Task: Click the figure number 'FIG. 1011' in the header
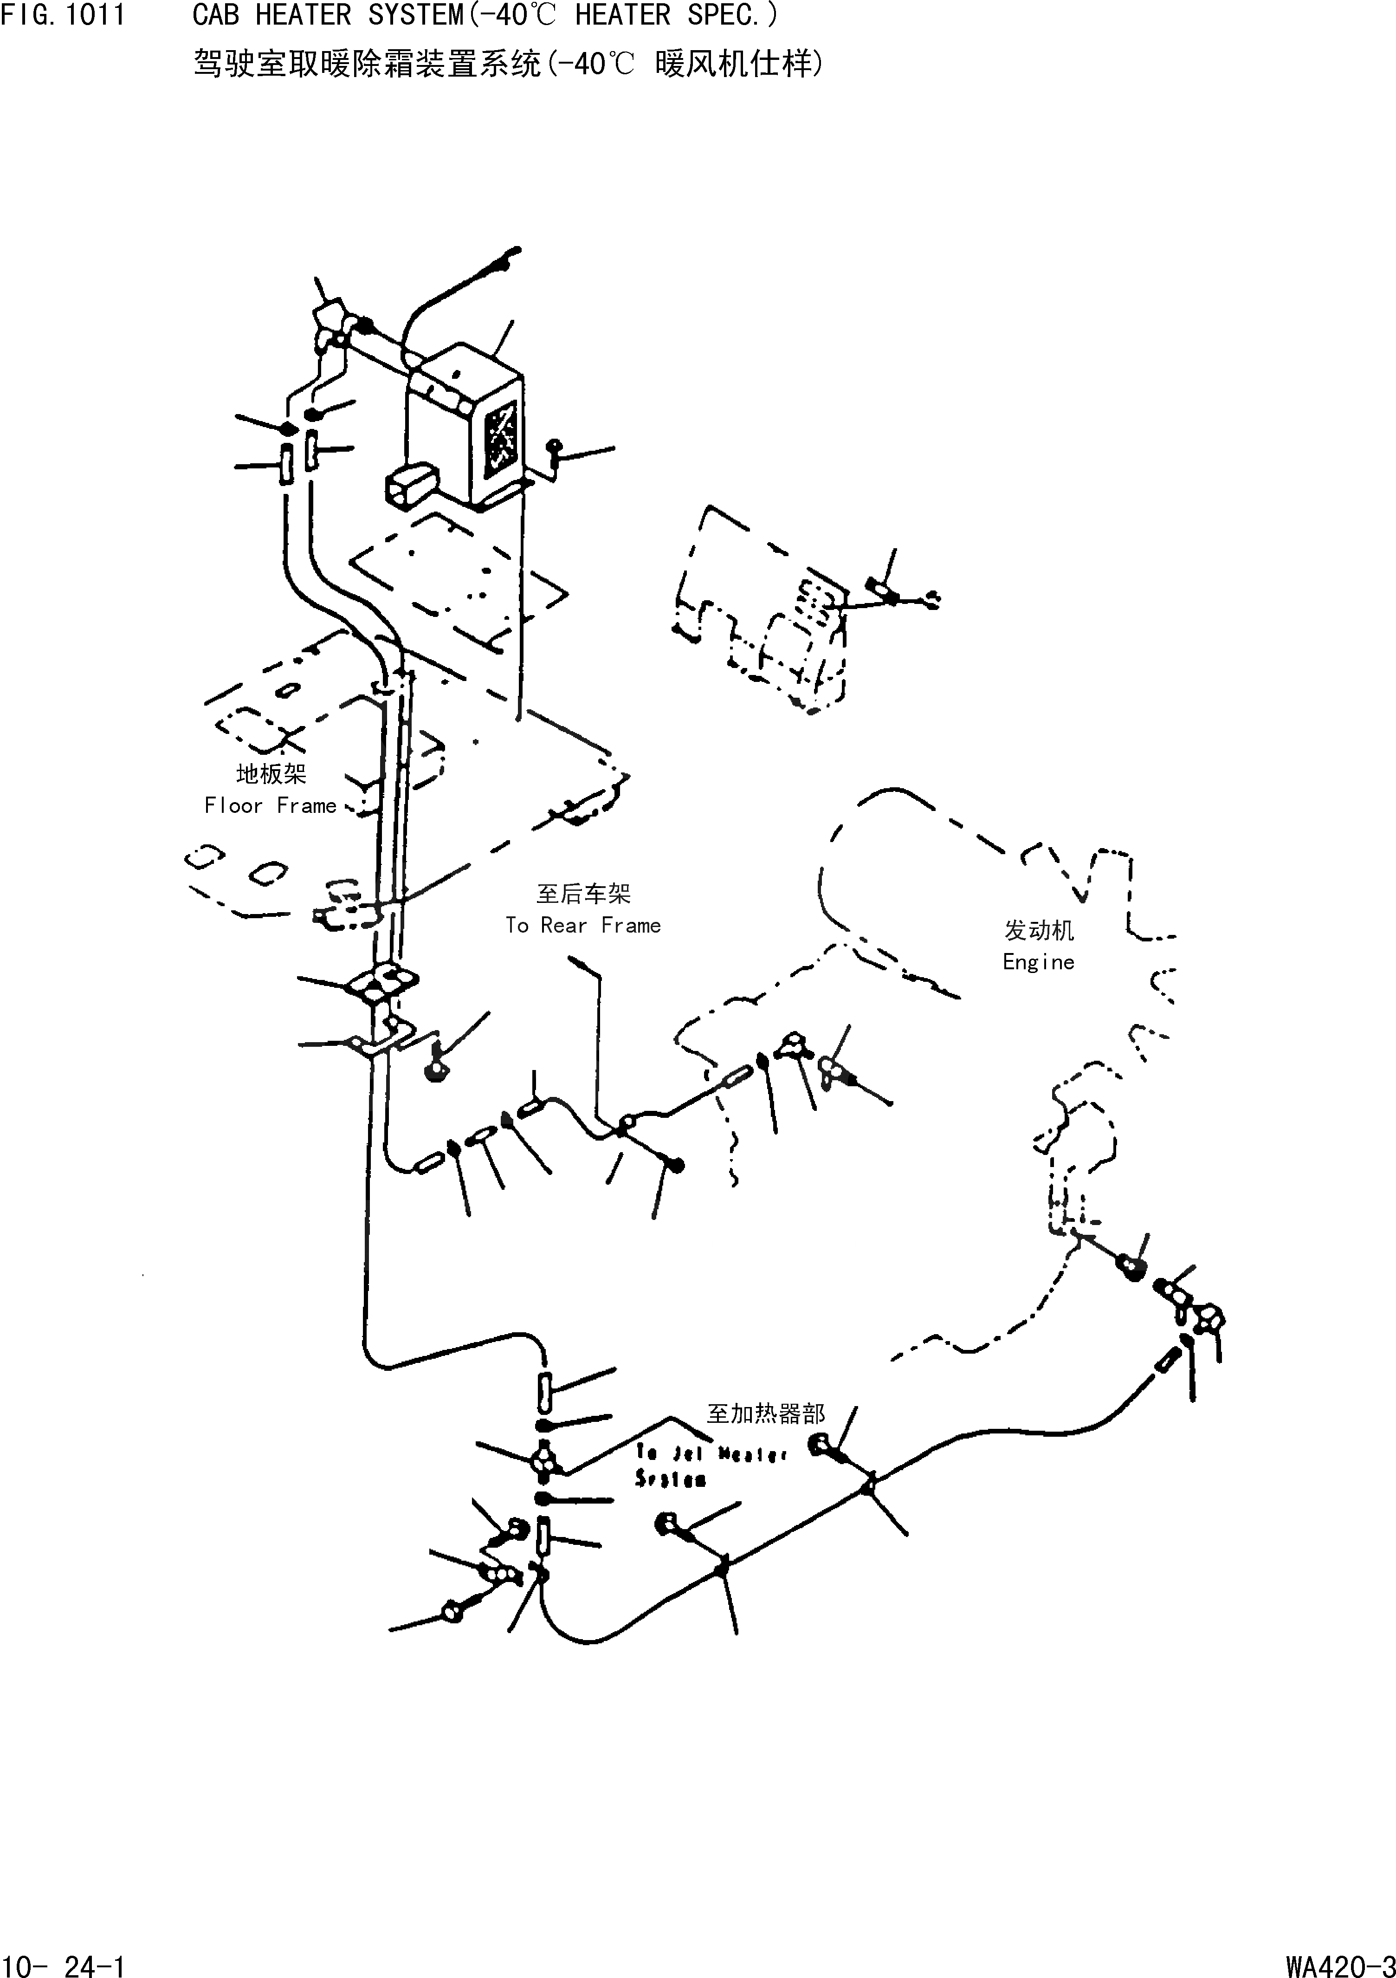(x=63, y=15)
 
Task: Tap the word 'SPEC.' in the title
(x=731, y=15)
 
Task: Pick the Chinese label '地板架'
(x=271, y=774)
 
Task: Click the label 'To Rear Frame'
(x=583, y=925)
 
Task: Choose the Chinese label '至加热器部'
(x=766, y=1414)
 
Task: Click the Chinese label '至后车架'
(x=583, y=894)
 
